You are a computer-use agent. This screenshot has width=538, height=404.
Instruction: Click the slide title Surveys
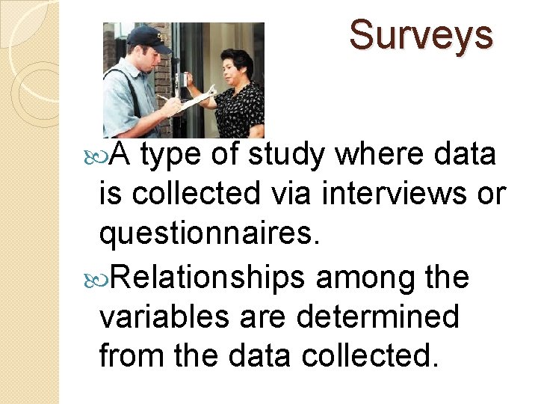click(x=421, y=35)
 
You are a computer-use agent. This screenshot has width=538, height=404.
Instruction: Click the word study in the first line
click(x=287, y=155)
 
